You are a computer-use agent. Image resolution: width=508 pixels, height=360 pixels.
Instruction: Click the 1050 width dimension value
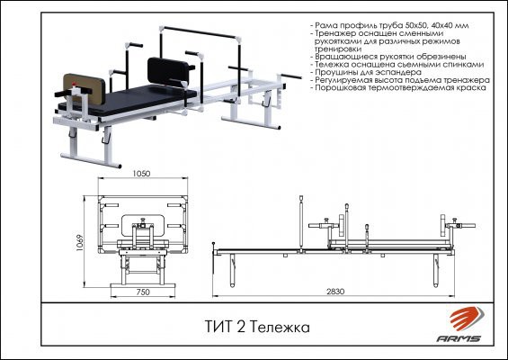141,174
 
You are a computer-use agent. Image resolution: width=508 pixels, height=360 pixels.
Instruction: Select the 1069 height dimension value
80,243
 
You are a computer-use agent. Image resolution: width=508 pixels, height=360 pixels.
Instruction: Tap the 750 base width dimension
143,292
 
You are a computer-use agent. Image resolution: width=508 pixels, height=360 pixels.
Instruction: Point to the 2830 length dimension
335,292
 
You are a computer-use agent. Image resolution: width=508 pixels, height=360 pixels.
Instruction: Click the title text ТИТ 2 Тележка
257,327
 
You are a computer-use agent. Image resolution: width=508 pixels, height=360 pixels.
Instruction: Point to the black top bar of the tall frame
201,32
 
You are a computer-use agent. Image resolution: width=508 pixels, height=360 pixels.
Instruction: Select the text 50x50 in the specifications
415,25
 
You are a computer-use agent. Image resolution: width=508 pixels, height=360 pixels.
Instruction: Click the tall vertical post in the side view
301,224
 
